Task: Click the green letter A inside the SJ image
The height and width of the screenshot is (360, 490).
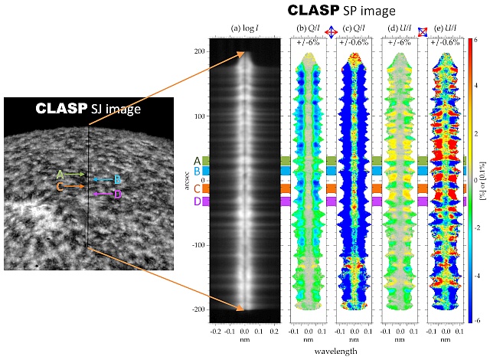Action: click(x=60, y=175)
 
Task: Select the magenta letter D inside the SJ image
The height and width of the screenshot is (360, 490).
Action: click(x=117, y=195)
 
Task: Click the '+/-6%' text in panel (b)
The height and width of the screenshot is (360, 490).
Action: click(x=309, y=43)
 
